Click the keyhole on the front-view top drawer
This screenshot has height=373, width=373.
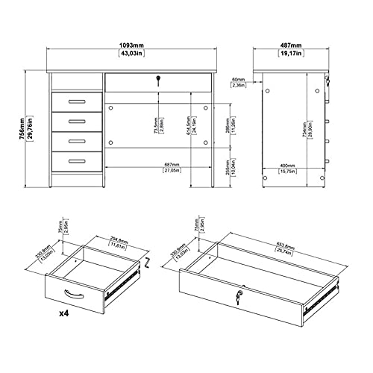pyautogui.click(x=158, y=79)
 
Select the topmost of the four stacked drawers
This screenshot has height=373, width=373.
pyautogui.click(x=78, y=101)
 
